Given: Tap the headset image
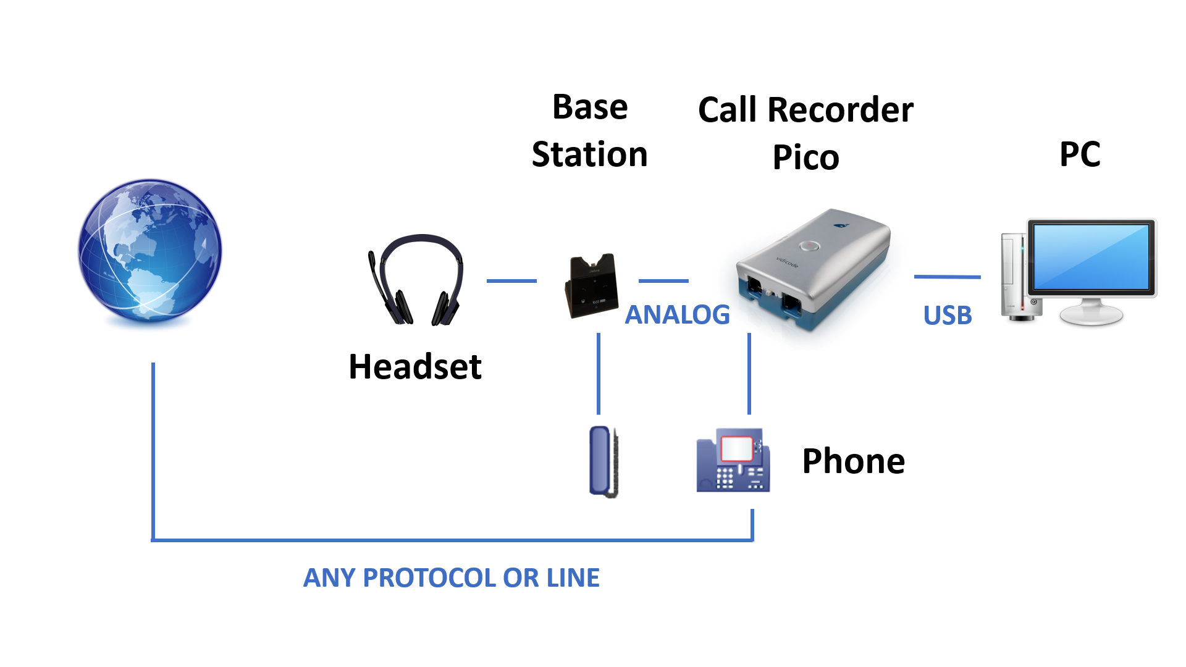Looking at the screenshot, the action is (x=416, y=279).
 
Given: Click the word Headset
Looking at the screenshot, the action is (x=415, y=366).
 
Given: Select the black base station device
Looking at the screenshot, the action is (x=591, y=285).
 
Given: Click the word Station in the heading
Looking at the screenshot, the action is (x=590, y=154).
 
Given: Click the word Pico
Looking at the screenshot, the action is (x=806, y=157).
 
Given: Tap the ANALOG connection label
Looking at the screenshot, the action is (x=678, y=314).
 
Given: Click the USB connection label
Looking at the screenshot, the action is (x=948, y=315).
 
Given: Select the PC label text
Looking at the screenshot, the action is (x=1080, y=154).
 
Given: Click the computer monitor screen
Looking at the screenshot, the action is (x=1091, y=257).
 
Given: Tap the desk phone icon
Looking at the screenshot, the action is (x=733, y=460).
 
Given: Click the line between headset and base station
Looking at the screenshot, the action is (x=511, y=281).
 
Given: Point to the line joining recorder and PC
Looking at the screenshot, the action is (x=948, y=277).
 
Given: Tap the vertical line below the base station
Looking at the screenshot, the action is (x=599, y=374).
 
